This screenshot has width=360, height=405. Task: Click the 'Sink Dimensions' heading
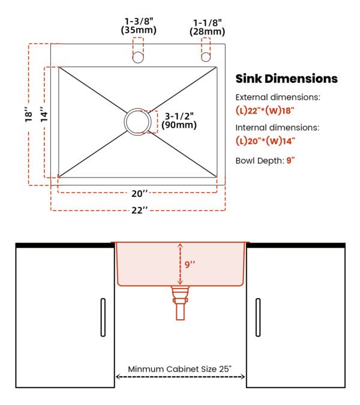coord(286,79)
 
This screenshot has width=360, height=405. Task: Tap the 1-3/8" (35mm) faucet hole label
coord(139,26)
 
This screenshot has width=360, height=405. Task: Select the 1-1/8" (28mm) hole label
coord(207,28)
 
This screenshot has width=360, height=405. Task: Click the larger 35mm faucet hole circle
coord(138,58)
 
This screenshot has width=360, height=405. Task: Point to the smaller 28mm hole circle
coord(206,57)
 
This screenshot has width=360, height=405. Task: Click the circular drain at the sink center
coord(137,122)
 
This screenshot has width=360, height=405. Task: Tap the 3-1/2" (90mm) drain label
coord(179,121)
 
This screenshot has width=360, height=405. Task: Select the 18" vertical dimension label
coord(29,114)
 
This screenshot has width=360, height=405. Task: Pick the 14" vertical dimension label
coord(44,114)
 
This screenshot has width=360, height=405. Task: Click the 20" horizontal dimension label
coord(139,194)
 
